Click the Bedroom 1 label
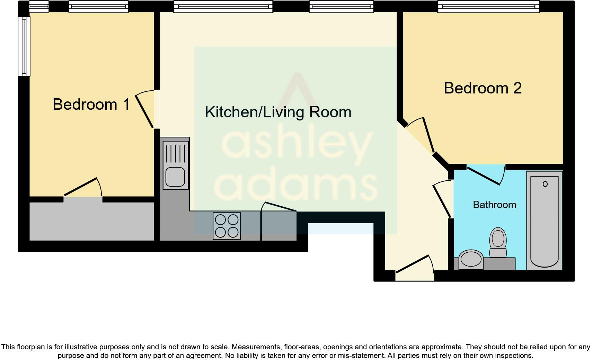[91, 104]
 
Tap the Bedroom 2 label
[483, 88]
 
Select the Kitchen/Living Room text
[278, 112]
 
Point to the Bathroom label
[494, 205]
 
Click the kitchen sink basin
[175, 177]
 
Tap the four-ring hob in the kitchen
[227, 226]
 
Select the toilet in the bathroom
[498, 242]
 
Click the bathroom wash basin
[471, 259]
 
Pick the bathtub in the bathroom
[544, 222]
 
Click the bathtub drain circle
[545, 184]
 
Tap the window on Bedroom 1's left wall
[24, 46]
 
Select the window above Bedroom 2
[488, 7]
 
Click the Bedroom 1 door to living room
[144, 111]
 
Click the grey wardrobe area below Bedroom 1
[91, 221]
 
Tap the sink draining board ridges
[176, 153]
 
